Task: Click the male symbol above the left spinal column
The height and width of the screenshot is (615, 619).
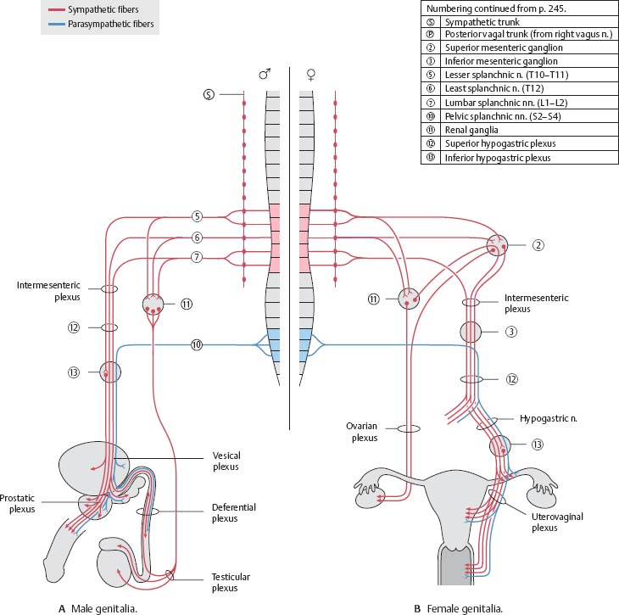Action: [264, 74]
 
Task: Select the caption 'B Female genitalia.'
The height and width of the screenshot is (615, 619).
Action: [459, 607]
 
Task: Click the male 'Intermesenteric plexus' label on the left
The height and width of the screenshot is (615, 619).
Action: [43, 289]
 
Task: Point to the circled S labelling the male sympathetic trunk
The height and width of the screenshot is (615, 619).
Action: [209, 93]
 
